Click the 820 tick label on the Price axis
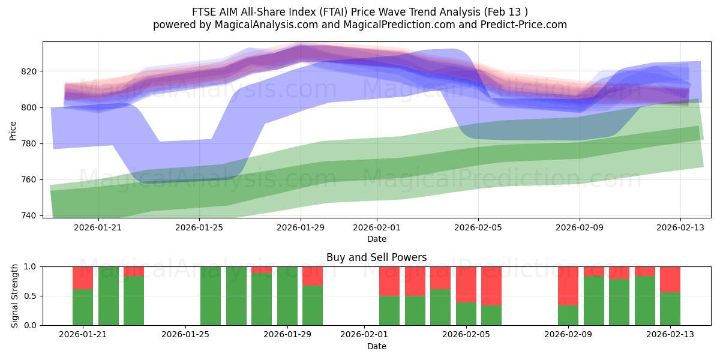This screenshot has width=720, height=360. coord(29,71)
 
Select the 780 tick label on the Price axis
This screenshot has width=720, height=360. coord(29,143)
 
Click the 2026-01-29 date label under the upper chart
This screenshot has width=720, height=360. coord(301,228)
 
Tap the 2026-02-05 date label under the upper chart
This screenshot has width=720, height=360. coord(478,228)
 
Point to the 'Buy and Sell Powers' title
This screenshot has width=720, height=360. coord(376,257)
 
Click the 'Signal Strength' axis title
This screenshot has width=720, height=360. coord(14,296)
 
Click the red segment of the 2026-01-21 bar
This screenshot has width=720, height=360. coord(83,277)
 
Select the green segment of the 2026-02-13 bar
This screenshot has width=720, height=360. coord(670,309)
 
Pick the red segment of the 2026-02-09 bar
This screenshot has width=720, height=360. coord(568,286)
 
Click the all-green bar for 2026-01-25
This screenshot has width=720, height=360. coord(211,296)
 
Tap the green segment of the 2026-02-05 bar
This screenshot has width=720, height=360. coord(466,314)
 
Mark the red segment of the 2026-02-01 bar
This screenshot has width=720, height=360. coord(389,281)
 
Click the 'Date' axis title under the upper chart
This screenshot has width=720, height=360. coord(376,239)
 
